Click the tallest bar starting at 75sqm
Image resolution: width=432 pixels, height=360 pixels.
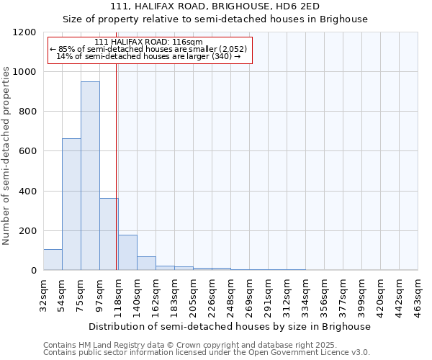90,176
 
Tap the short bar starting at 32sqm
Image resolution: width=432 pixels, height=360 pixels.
53,259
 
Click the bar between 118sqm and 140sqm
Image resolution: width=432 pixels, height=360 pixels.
127,252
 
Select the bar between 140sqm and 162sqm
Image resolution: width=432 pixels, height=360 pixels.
146,264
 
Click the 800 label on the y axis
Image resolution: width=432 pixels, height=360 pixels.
28,112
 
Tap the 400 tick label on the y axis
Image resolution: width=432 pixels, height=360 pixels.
28,192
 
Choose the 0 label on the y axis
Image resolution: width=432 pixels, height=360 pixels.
34,271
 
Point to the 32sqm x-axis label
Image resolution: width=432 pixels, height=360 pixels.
43,293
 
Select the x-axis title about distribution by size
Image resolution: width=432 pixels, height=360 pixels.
230,326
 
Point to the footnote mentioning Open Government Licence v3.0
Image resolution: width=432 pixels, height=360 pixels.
206,352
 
